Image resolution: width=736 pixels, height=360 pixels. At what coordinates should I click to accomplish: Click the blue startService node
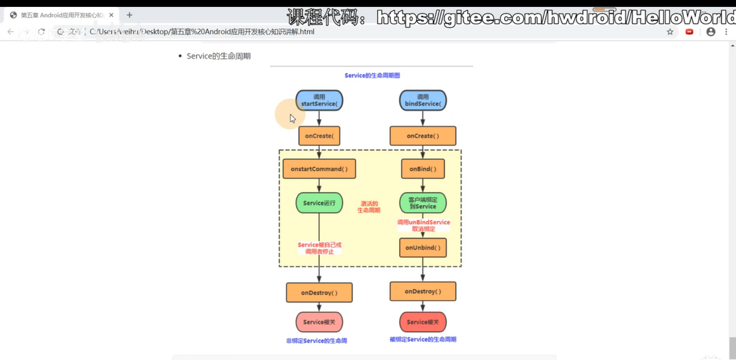(319, 101)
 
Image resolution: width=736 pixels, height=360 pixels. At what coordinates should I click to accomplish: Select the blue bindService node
(423, 101)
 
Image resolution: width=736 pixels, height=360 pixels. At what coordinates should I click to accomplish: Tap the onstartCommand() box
(319, 169)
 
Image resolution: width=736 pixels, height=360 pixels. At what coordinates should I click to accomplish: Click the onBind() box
(423, 169)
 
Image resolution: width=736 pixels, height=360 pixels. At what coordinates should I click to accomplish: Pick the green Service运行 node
(319, 203)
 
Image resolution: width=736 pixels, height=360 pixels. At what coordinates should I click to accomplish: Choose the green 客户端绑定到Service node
(423, 203)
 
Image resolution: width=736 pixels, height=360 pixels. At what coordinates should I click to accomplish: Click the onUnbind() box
(423, 248)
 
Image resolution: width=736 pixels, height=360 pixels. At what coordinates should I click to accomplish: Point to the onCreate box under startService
(319, 136)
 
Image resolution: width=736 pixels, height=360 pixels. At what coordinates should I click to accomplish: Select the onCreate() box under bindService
(423, 136)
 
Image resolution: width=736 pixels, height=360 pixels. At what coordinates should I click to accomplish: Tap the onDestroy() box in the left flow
(319, 293)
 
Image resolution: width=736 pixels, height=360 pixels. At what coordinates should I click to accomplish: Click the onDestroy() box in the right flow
(423, 292)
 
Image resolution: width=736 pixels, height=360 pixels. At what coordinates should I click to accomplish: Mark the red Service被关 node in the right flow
(423, 322)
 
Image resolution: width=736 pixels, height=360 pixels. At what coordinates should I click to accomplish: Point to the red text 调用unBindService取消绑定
(423, 225)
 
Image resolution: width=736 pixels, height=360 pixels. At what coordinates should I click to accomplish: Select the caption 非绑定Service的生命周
(316, 341)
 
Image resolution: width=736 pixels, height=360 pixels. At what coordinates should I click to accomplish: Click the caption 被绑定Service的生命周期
(423, 340)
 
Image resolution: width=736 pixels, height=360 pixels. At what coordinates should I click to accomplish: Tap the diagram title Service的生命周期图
(372, 75)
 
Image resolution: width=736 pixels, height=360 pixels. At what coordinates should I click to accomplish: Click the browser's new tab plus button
(129, 15)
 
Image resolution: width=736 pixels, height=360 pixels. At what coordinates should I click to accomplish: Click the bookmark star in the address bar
(670, 32)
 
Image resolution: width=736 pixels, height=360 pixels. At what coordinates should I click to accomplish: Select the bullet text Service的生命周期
(218, 56)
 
